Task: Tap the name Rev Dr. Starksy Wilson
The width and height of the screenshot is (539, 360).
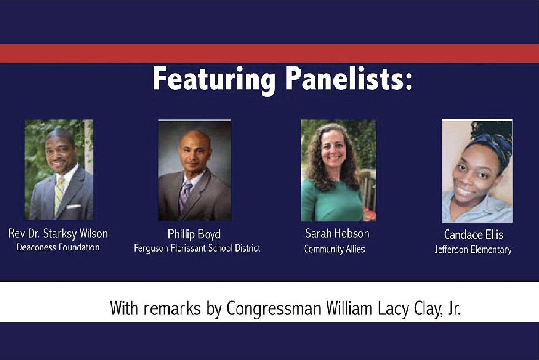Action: click(x=58, y=234)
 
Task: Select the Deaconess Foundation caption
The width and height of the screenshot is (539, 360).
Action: click(x=58, y=247)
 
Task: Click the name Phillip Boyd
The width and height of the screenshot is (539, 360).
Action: click(x=194, y=234)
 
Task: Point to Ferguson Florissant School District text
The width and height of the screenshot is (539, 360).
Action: click(x=197, y=248)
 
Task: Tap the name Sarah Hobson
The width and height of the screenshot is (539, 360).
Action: click(x=337, y=233)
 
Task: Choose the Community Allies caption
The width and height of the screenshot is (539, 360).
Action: click(x=334, y=249)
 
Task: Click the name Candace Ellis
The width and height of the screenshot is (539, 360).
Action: click(x=474, y=235)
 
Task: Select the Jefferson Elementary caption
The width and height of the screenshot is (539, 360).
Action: click(x=473, y=250)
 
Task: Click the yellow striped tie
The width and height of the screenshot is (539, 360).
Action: click(x=59, y=194)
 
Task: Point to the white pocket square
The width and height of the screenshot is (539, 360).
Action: click(x=74, y=207)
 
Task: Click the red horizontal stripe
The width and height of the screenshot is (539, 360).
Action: click(x=270, y=54)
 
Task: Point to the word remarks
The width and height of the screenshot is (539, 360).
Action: click(x=172, y=308)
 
